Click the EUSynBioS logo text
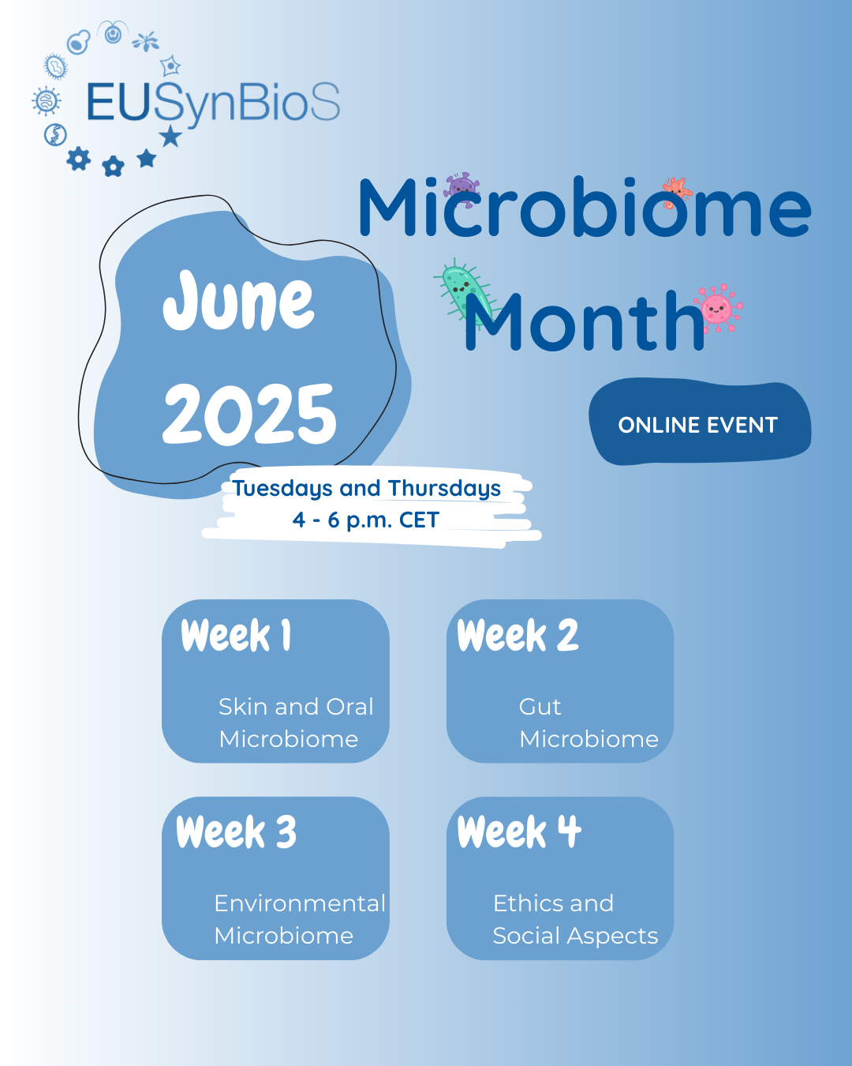click(213, 103)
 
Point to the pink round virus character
click(717, 308)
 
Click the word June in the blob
click(238, 301)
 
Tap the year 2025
click(249, 414)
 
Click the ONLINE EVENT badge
click(698, 425)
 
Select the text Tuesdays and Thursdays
click(367, 488)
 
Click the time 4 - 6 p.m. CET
click(366, 520)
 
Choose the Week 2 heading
click(518, 636)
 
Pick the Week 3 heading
click(237, 832)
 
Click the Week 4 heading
click(520, 832)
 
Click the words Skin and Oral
click(296, 707)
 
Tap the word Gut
click(540, 707)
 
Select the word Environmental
click(300, 903)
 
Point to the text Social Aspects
click(575, 936)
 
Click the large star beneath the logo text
click(170, 137)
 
